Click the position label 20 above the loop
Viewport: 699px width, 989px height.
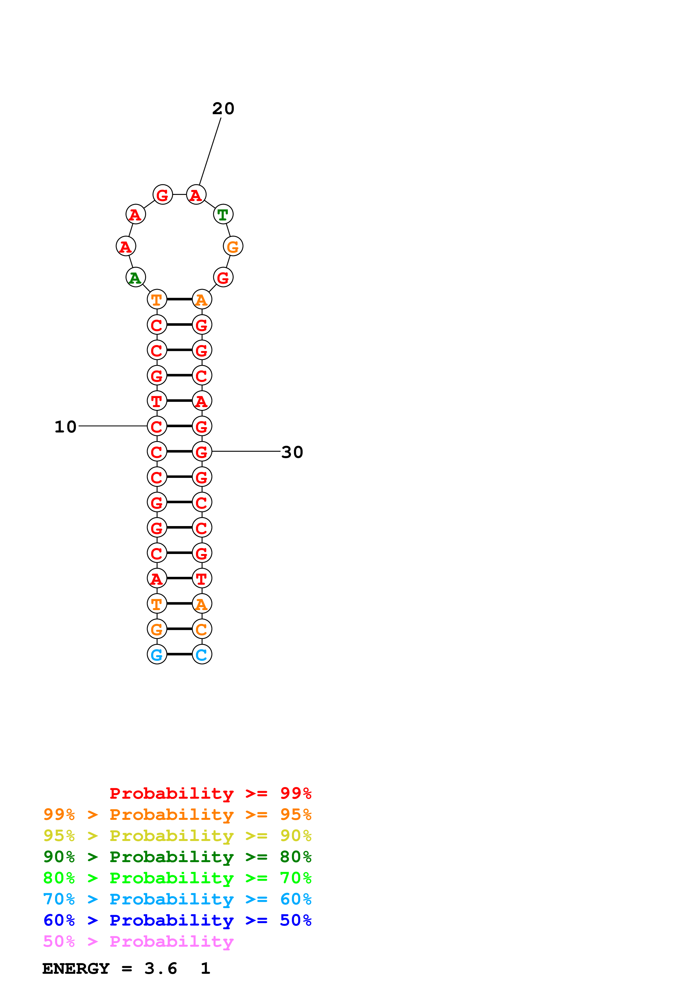click(223, 109)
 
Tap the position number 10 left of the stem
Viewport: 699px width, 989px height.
click(65, 427)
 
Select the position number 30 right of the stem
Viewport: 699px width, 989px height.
click(292, 452)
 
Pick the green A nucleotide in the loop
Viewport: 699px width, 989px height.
click(135, 277)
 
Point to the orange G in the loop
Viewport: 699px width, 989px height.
click(233, 246)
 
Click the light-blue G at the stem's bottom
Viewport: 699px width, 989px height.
click(157, 654)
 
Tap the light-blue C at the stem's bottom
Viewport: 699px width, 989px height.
click(202, 654)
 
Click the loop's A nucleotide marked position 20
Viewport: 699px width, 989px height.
click(196, 195)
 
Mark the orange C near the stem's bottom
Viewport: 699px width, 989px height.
click(202, 629)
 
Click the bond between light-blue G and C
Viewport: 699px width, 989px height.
click(179, 654)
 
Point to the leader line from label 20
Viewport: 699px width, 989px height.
click(210, 151)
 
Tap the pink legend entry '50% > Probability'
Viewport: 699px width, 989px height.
click(138, 942)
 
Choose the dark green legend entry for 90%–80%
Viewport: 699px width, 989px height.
click(177, 857)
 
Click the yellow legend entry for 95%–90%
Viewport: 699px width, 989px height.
click(177, 836)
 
